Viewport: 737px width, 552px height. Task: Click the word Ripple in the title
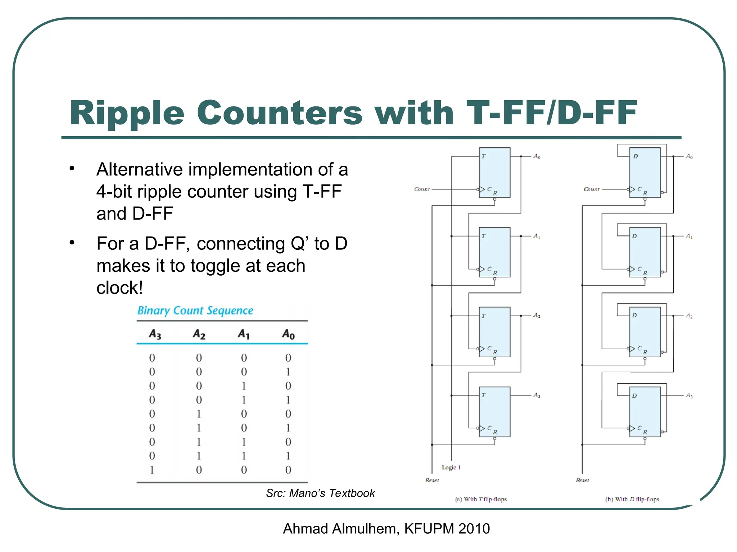coord(127,113)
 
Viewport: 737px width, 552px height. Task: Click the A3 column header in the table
coord(155,334)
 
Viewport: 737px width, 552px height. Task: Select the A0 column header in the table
coord(288,334)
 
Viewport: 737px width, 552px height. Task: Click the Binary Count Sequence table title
coord(195,310)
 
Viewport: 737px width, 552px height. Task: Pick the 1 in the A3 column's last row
coord(152,470)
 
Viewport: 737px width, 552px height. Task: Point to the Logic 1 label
coord(451,467)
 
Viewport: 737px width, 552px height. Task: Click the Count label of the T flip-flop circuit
coord(422,189)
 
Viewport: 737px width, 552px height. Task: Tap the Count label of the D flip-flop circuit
coord(592,189)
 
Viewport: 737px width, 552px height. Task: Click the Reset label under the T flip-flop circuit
coord(432,480)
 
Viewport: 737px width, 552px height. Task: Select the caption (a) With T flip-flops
coord(481,499)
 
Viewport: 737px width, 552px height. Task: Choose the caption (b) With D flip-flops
coord(632,499)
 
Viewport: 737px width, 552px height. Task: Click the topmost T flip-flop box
coord(494,172)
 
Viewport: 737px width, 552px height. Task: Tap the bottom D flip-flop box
coord(645,411)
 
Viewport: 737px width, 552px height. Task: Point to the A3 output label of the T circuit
coord(537,395)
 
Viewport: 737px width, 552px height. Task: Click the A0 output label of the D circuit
coord(689,156)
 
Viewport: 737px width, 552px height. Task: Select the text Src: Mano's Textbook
coord(320,493)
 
